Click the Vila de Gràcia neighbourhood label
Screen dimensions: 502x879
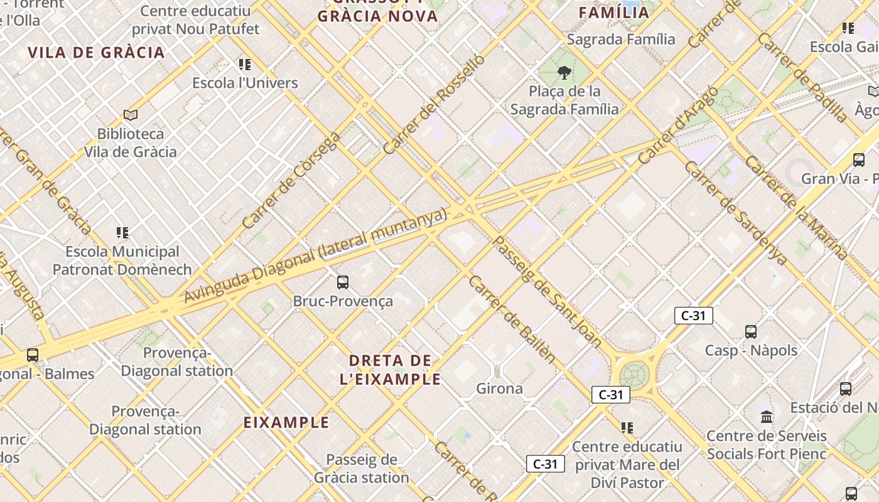(96, 52)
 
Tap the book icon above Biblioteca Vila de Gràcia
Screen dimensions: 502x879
(131, 115)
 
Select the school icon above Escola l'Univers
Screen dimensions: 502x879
(245, 64)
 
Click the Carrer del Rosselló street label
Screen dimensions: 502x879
(434, 105)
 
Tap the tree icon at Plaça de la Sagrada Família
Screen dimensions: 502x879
(564, 73)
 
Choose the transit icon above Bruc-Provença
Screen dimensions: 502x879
(343, 282)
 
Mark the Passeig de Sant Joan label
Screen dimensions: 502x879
(547, 292)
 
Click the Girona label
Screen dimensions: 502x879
(499, 388)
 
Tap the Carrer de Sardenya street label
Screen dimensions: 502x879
(735, 213)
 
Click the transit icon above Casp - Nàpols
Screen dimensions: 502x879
(750, 332)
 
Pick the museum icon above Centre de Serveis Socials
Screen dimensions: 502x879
(767, 417)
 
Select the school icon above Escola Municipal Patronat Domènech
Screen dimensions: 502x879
(122, 233)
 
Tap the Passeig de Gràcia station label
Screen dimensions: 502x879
(362, 469)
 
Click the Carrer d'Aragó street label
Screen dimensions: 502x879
(677, 125)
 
